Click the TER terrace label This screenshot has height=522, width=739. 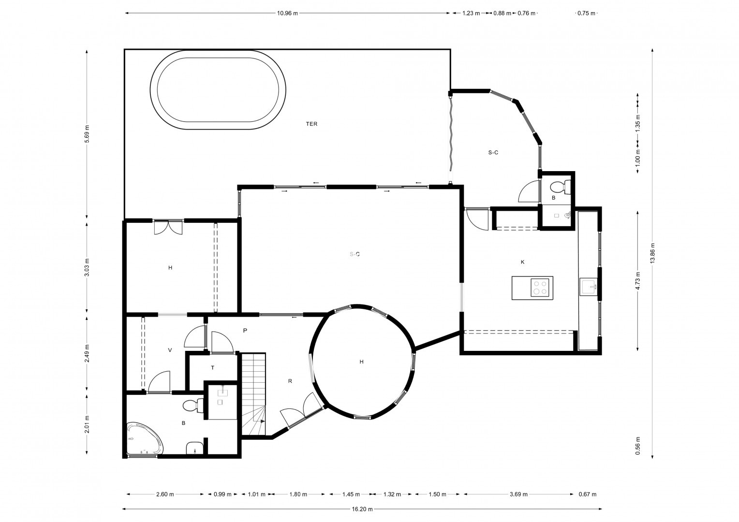pos(311,124)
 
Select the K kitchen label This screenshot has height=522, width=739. pos(523,262)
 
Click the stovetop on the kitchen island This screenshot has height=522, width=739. pos(540,287)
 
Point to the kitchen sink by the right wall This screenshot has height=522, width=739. pos(589,287)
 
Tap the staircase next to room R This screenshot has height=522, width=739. pos(254,394)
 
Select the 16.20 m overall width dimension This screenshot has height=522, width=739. pos(362,509)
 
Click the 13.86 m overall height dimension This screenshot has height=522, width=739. pos(652,253)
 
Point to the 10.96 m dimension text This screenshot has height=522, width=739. pos(287,13)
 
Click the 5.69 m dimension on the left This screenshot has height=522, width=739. pos(87,134)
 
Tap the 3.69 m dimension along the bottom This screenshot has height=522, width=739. pos(518,494)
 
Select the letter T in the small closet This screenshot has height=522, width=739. pos(213,368)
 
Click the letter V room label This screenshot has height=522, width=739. pos(170,350)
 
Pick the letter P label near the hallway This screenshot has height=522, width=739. pos(245,331)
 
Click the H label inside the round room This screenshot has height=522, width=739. pos(362,362)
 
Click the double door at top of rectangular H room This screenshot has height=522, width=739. pos(168,228)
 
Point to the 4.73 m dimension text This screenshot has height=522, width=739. pos(637,281)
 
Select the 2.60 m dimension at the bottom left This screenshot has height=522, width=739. pos(165,494)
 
